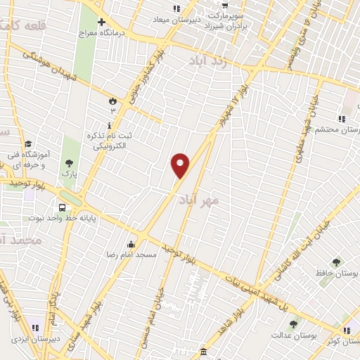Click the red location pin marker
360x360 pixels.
[180, 165]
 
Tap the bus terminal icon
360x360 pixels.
[63, 207]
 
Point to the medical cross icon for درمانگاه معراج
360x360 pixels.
[103, 22]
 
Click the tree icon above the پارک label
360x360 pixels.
[68, 163]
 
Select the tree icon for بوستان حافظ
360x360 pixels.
[335, 262]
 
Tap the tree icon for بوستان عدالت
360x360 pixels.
[293, 324]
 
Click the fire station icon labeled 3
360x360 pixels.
[110, 101]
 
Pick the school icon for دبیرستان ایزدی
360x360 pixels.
[34, 328]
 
